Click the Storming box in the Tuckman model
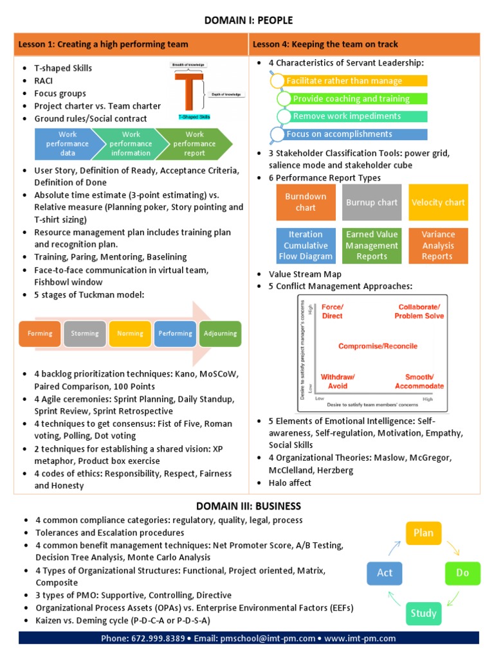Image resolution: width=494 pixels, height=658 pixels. pyautogui.click(x=85, y=333)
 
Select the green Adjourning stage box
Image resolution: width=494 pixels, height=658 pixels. pyautogui.click(x=220, y=333)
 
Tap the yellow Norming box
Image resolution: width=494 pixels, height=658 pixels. pyautogui.click(x=130, y=333)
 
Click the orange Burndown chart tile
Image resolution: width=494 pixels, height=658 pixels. pyautogui.click(x=306, y=202)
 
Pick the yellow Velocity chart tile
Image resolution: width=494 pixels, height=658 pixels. pyautogui.click(x=438, y=202)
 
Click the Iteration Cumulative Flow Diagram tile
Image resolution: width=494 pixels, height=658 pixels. pyautogui.click(x=306, y=245)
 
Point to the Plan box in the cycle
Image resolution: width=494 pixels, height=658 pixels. pyautogui.click(x=423, y=533)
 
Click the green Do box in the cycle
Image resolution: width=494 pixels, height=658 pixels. pyautogui.click(x=462, y=573)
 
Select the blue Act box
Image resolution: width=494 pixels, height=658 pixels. pyautogui.click(x=385, y=573)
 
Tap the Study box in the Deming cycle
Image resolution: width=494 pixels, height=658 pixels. pyautogui.click(x=423, y=613)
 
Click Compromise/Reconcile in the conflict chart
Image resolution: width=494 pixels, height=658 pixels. pyautogui.click(x=378, y=346)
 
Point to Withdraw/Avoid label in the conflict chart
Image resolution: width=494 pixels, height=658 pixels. pyautogui.click(x=337, y=381)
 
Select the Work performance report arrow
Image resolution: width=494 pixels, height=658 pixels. pyautogui.click(x=194, y=144)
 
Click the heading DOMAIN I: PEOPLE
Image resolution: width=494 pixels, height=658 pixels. pyautogui.click(x=247, y=21)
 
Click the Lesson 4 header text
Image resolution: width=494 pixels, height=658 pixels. pyautogui.click(x=325, y=44)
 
